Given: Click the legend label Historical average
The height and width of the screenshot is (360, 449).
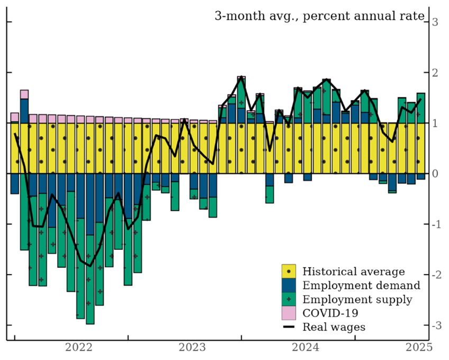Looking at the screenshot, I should pyautogui.click(x=353, y=272).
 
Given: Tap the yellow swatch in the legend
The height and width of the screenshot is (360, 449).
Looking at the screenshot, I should pyautogui.click(x=289, y=272).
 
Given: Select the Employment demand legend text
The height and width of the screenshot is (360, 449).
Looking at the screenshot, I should pyautogui.click(x=361, y=285).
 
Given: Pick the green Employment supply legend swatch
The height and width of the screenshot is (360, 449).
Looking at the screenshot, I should pyautogui.click(x=289, y=300).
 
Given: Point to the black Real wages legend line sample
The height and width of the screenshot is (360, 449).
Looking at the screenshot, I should pyautogui.click(x=289, y=327).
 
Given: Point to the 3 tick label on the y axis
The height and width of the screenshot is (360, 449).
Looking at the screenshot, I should pyautogui.click(x=435, y=22).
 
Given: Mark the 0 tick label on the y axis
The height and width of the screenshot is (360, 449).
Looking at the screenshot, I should pyautogui.click(x=435, y=174).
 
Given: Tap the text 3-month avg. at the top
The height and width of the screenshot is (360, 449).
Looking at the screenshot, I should pyautogui.click(x=245, y=15).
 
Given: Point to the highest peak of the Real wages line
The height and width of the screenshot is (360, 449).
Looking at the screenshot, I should pyautogui.click(x=241, y=77).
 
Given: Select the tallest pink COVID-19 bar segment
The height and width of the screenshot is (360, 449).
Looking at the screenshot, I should pyautogui.click(x=24, y=94).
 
